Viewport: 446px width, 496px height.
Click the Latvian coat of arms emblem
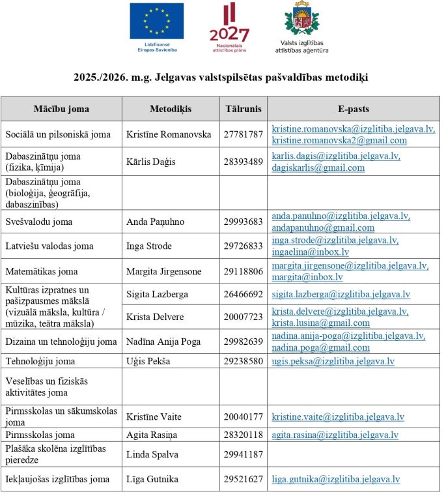[x=302, y=20]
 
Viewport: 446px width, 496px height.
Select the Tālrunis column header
[x=243, y=109]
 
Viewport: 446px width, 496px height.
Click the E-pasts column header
[x=353, y=109]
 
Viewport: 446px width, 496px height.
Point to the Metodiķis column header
[x=170, y=109]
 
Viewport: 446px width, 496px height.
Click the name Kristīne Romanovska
[x=169, y=134]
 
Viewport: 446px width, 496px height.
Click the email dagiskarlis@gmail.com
[x=318, y=168]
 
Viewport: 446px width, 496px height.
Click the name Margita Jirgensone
[x=164, y=271]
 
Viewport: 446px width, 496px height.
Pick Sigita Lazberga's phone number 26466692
[x=243, y=295]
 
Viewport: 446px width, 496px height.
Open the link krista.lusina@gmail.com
[x=320, y=323]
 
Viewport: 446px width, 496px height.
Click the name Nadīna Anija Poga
[x=163, y=342]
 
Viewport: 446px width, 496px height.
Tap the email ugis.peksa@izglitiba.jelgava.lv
[x=333, y=361]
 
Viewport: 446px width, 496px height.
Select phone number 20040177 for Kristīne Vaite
[x=243, y=416]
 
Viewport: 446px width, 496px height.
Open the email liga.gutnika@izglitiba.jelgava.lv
[x=335, y=479]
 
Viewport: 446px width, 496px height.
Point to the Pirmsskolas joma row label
[x=40, y=435]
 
